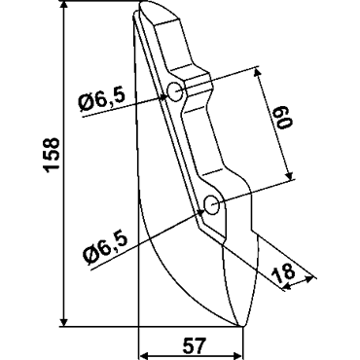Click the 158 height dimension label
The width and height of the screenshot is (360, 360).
point(52,155)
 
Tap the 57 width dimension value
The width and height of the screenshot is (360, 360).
point(195,345)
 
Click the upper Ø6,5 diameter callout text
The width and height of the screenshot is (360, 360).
point(102,99)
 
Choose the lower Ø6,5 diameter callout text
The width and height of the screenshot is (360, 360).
point(104,247)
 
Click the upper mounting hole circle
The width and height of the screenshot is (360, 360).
point(175,91)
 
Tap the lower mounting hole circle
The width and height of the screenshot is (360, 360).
point(212,205)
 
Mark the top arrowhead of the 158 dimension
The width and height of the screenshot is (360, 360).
point(64,7)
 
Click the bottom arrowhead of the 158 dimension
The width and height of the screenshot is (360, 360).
point(64,321)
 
